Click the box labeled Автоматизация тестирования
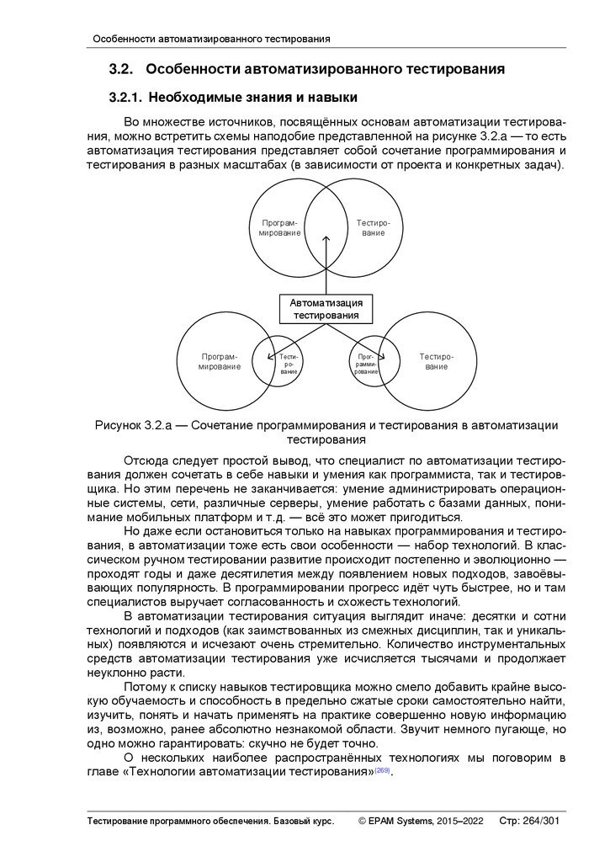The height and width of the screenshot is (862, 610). tap(326, 309)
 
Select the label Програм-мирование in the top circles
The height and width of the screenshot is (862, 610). tap(279, 226)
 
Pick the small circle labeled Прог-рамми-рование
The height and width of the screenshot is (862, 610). tap(366, 364)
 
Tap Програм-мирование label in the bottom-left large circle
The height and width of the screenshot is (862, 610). tap(219, 362)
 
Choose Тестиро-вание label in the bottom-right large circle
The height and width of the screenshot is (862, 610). tap(436, 362)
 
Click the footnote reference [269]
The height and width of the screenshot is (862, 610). tap(383, 771)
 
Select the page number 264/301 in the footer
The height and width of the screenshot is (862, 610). tap(541, 820)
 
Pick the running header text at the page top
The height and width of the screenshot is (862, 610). tap(210, 39)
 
